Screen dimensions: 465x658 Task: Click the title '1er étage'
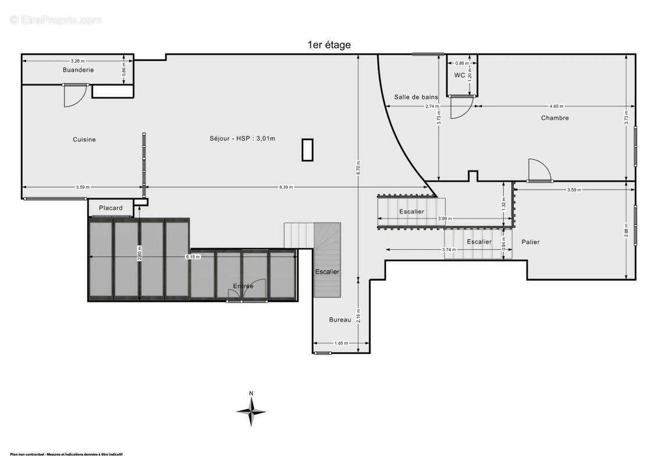coord(329,45)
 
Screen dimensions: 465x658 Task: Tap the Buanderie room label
coord(79,70)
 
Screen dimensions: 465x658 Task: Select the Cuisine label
coord(84,139)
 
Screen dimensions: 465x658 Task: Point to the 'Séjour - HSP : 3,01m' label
coord(242,138)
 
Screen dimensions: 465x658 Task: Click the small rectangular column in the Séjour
coord(307,149)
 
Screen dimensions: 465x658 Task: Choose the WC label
coord(459,75)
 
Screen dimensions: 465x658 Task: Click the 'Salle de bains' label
coord(415,97)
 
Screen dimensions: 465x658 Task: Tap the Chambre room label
coord(554,118)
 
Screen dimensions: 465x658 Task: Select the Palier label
coord(530,242)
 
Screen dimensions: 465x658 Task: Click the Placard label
coord(111,208)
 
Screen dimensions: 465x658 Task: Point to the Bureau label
coord(340,320)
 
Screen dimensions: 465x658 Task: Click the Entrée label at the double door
coord(243,286)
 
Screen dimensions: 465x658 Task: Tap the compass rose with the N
coord(251,410)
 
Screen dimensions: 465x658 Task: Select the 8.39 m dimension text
coord(286,187)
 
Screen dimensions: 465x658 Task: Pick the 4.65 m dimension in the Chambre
coord(556,106)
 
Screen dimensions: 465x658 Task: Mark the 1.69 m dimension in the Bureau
coord(341,344)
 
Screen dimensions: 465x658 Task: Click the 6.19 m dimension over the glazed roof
coord(193,257)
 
